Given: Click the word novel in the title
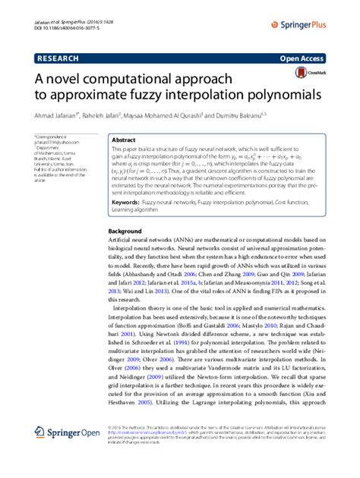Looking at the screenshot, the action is [x=73, y=79].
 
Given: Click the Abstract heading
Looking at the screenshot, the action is [x=123, y=140].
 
